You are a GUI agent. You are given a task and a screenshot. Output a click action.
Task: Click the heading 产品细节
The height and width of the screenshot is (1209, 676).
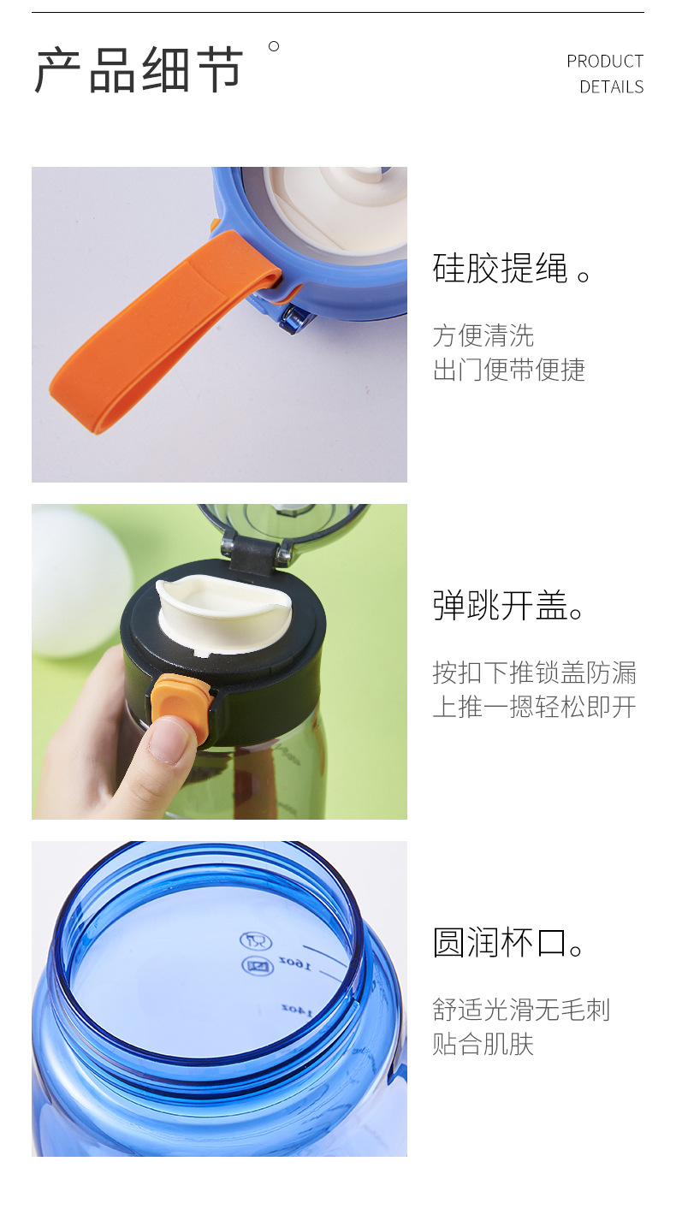[139, 70]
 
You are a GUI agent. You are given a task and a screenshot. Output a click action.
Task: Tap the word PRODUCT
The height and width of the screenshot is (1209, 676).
[604, 62]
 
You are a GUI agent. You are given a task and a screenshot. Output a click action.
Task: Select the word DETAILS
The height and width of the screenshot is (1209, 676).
[611, 87]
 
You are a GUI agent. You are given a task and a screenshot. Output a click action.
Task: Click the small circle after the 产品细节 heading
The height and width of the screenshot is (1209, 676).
[274, 46]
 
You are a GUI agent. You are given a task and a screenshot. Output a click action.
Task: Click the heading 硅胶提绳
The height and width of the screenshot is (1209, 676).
[500, 269]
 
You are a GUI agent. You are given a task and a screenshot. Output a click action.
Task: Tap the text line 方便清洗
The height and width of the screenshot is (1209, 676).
[483, 335]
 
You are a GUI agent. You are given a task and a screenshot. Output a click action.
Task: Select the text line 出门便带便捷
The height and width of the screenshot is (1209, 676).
[508, 370]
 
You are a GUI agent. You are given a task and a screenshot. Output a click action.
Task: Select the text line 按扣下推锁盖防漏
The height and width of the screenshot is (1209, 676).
[534, 673]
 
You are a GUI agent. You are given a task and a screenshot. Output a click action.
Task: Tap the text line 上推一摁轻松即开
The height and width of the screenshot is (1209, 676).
[534, 707]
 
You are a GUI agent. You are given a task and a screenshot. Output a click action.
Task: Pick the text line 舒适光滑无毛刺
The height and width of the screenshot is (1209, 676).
[521, 1010]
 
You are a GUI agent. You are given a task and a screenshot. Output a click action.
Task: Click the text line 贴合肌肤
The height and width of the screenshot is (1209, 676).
[483, 1044]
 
